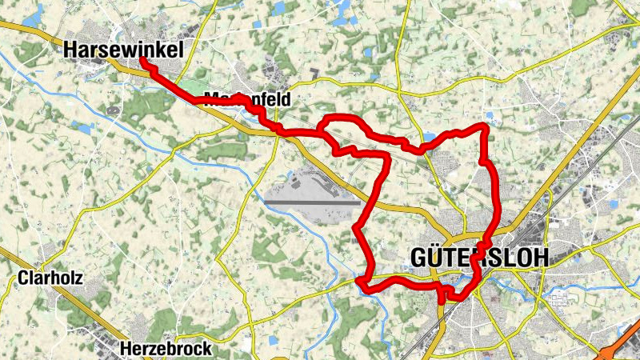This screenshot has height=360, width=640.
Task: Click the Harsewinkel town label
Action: click(123, 50)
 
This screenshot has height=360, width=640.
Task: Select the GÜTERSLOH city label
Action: click(480, 257)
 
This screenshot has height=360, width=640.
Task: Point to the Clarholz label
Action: click(50, 278)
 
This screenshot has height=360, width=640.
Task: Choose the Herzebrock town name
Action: click(166, 349)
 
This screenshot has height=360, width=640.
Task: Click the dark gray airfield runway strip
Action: click(312, 202)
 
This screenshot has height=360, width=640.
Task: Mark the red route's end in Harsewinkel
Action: click(142, 59)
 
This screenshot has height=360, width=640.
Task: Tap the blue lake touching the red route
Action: click(429, 143)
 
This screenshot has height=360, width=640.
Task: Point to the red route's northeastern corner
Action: click(484, 126)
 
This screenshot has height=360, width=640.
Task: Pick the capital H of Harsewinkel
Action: click(70, 50)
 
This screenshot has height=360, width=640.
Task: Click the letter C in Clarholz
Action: click(22, 278)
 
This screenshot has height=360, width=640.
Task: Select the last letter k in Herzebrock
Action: click(207, 349)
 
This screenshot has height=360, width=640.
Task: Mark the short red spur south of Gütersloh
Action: click(441, 296)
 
